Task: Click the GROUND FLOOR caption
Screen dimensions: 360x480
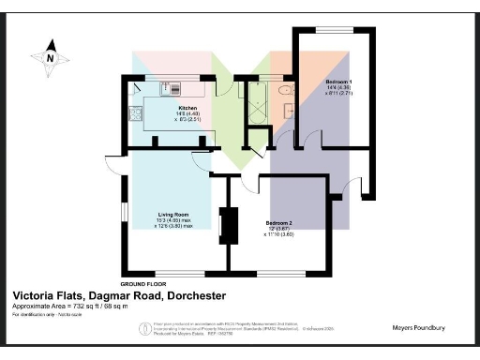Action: coord(143,283)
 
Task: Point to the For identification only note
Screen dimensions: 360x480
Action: coord(48,317)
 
